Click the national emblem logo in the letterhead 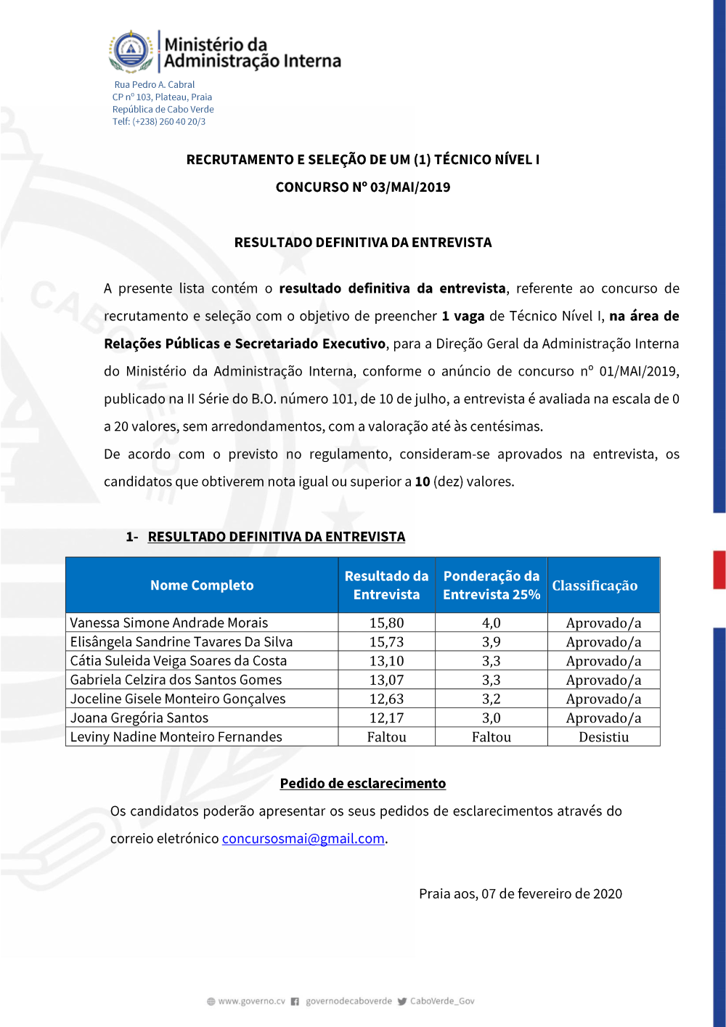point(131,51)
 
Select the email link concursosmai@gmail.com point(303,838)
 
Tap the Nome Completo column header point(202,585)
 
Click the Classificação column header point(595,585)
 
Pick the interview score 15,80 point(386,623)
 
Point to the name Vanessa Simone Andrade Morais point(169,623)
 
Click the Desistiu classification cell point(603,737)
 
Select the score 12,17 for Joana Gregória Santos point(386,718)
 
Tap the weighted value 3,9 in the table point(491,642)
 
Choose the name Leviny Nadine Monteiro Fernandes point(176,737)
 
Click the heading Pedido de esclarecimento point(363,783)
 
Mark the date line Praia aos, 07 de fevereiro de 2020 point(520,893)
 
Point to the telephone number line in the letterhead point(159,122)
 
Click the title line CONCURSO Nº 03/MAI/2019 point(363,187)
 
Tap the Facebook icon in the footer point(295,1002)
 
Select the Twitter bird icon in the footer point(401,1002)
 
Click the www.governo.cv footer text point(251,1002)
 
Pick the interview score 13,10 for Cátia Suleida point(386,661)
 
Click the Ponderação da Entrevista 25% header point(491,585)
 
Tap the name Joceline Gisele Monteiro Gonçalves point(178,699)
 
